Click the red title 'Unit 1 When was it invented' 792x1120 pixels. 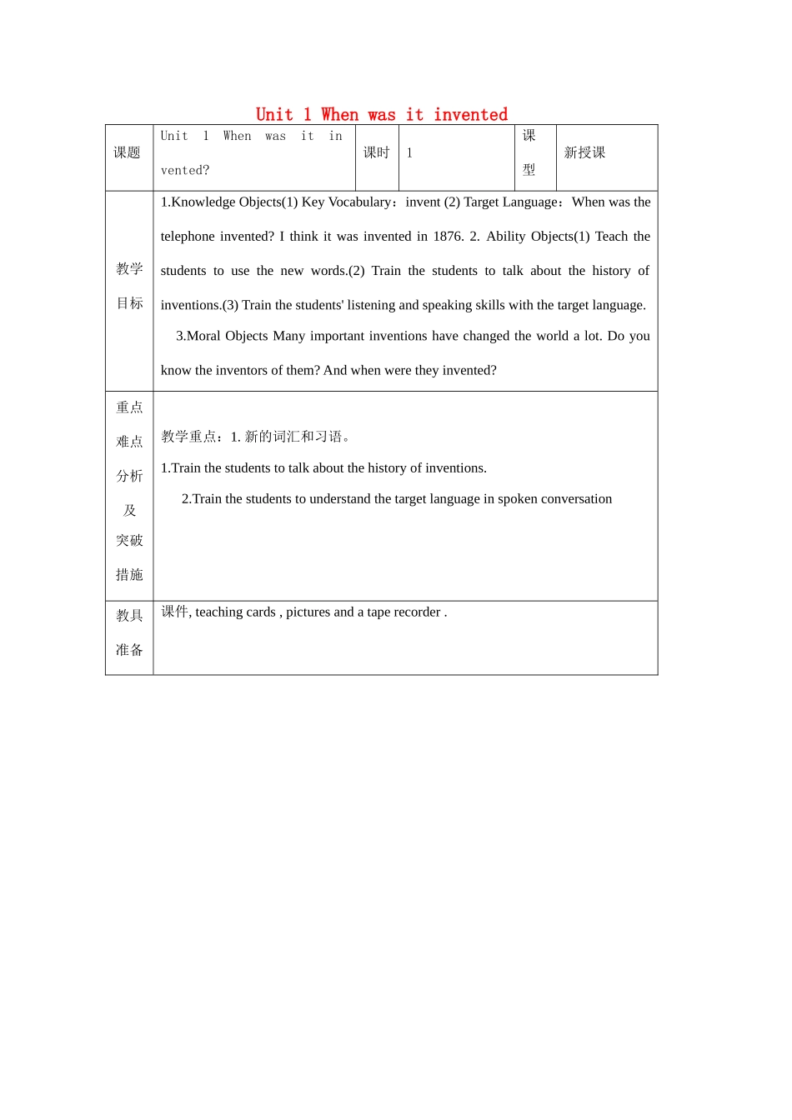click(381, 115)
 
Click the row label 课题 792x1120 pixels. click(127, 152)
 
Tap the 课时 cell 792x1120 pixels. click(376, 152)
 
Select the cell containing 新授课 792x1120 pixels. click(584, 152)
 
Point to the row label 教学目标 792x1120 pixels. click(129, 286)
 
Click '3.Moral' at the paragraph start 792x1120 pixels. click(198, 336)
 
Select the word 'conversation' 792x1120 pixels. click(577, 499)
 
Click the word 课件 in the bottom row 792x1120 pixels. click(174, 612)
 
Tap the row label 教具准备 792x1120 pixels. click(129, 632)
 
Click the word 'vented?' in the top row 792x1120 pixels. click(185, 171)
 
